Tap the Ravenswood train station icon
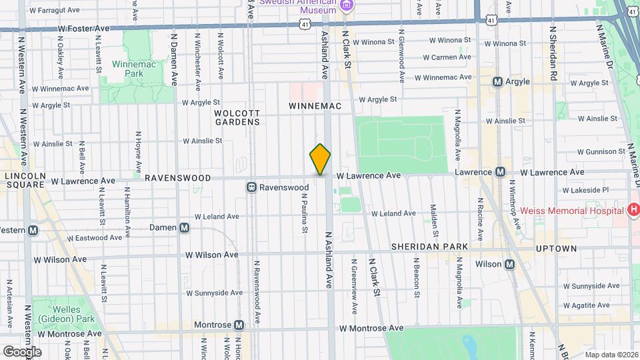pos(251,187)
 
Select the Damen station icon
pos(185,227)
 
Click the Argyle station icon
pos(497,81)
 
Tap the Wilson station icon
pos(509,264)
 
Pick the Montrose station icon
pos(239,325)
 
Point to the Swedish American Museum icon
pos(346,6)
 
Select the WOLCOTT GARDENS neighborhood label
pos(237,117)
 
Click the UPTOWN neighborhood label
pos(555,248)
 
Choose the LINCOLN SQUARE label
pos(25,180)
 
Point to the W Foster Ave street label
pos(83,29)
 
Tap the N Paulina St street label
pos(305,213)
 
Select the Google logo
pos(21,351)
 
